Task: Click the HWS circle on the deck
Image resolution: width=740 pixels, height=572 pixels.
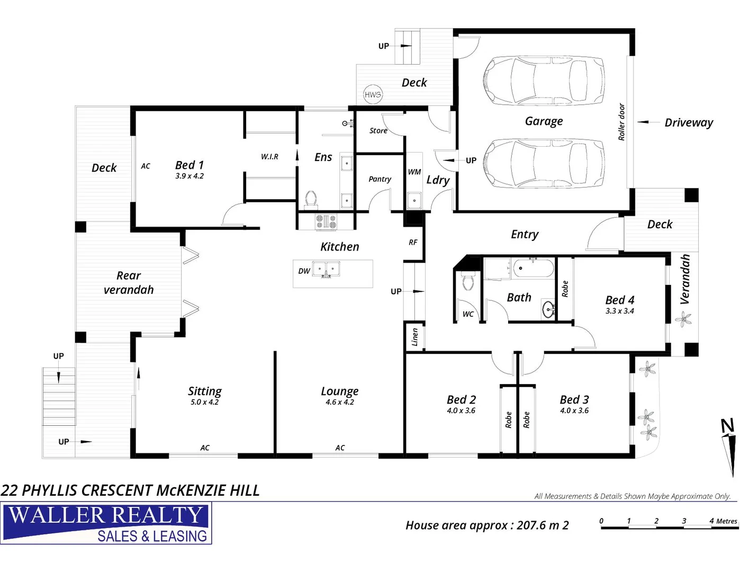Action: pyautogui.click(x=373, y=95)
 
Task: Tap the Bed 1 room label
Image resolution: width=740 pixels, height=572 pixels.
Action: pyautogui.click(x=189, y=165)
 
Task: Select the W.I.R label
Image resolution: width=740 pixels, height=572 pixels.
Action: pyautogui.click(x=269, y=157)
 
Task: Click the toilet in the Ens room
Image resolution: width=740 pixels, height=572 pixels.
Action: pyautogui.click(x=311, y=199)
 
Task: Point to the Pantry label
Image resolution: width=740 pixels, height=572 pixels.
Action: pyautogui.click(x=380, y=179)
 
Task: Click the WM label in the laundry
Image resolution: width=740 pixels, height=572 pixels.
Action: pyautogui.click(x=414, y=172)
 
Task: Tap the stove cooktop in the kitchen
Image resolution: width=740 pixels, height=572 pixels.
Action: pyautogui.click(x=326, y=221)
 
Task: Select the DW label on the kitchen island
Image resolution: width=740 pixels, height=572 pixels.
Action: pyautogui.click(x=304, y=271)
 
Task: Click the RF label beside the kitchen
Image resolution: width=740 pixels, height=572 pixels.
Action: pyautogui.click(x=413, y=242)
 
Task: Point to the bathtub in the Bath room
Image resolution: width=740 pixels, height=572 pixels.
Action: pyautogui.click(x=533, y=268)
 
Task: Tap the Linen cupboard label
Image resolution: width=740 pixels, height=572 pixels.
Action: pyautogui.click(x=415, y=337)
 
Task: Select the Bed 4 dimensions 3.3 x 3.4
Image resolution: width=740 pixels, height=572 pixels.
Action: pyautogui.click(x=620, y=311)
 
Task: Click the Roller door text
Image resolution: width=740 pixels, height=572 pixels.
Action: pyautogui.click(x=622, y=122)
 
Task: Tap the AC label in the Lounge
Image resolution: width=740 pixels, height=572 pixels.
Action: pyautogui.click(x=340, y=448)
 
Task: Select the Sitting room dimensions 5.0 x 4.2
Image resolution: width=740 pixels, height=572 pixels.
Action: pyautogui.click(x=204, y=402)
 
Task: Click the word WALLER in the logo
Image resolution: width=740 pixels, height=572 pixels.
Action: pyautogui.click(x=56, y=515)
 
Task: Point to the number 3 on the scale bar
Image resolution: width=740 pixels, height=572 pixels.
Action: pyautogui.click(x=684, y=521)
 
